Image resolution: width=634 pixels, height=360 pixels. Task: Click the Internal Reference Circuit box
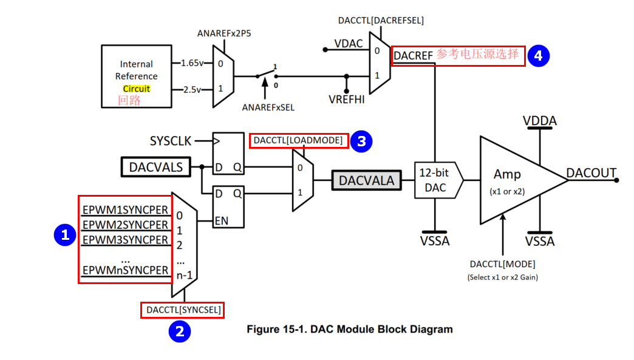point(136,76)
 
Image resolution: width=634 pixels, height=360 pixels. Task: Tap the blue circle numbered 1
point(64,234)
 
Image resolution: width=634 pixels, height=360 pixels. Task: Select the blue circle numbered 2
point(180,331)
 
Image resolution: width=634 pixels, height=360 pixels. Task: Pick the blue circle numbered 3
point(361,141)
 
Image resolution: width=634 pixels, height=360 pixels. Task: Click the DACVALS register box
point(156,167)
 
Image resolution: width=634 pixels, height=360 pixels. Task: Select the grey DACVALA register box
point(366,180)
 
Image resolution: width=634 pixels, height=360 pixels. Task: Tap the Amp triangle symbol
point(513,180)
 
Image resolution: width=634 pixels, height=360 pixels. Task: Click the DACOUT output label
point(591,173)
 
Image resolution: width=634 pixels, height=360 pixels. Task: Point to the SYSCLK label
point(171,141)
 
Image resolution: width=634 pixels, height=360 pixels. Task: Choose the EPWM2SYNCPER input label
point(125,225)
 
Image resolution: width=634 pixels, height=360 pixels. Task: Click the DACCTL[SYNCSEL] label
point(183,310)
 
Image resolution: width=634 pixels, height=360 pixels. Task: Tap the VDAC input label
point(348,44)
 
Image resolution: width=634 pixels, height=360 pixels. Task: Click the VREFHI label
point(346,99)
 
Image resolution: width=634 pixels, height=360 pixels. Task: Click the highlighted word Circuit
point(136,89)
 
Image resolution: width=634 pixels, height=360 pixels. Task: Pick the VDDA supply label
point(539,121)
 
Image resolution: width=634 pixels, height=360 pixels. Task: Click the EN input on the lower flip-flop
point(221,220)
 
